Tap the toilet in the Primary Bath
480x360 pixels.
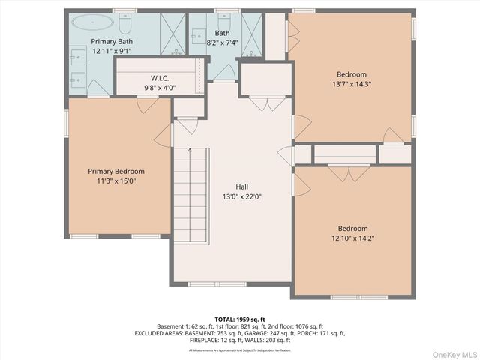[x=126, y=20]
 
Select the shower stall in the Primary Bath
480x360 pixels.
[x=171, y=35]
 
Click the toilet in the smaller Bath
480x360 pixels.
[x=223, y=21]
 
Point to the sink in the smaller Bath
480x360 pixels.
[x=199, y=35]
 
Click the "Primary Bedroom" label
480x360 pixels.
[x=116, y=171]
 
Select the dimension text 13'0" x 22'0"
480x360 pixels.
[x=241, y=196]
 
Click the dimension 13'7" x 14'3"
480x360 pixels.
[x=352, y=84]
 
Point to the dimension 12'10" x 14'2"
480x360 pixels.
[x=352, y=238]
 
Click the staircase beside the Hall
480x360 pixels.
[x=190, y=195]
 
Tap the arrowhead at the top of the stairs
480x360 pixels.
[x=190, y=151]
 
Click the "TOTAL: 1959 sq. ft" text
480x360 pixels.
[x=239, y=319]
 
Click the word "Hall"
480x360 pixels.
[x=241, y=187]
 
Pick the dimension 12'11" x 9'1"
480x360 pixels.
[x=112, y=51]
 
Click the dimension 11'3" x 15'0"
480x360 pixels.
[x=116, y=181]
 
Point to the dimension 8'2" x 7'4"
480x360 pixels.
[x=222, y=43]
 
